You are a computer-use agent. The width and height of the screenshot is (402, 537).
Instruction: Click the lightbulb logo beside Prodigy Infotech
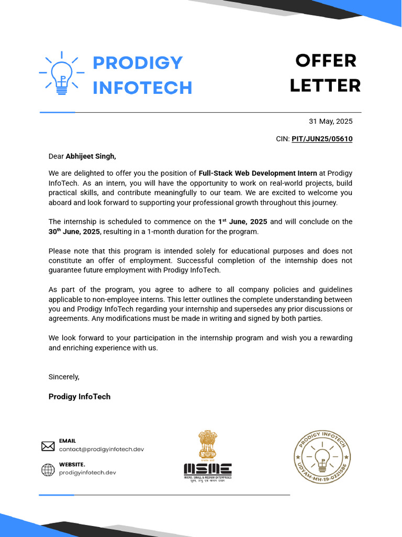(x=62, y=73)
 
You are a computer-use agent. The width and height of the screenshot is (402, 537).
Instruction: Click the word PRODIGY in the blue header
(x=138, y=62)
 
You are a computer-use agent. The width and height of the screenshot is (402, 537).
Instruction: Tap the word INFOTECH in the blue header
(x=142, y=88)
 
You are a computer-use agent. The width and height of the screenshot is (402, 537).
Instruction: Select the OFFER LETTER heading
(x=325, y=73)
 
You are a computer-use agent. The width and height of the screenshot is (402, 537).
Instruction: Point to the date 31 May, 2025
(x=330, y=121)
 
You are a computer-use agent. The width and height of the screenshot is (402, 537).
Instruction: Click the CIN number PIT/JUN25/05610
(x=322, y=139)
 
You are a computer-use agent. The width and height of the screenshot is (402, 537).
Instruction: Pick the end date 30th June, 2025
(x=74, y=231)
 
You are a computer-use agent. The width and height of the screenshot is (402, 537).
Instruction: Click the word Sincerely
(x=64, y=377)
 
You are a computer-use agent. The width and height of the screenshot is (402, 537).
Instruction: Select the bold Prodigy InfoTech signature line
(x=80, y=396)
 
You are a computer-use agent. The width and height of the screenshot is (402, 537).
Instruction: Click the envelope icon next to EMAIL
(x=48, y=446)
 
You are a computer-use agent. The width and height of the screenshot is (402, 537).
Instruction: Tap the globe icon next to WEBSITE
(x=48, y=470)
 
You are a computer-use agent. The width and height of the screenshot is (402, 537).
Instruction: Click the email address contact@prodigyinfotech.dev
(x=101, y=449)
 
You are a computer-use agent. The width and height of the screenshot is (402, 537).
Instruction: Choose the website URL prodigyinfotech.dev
(x=87, y=472)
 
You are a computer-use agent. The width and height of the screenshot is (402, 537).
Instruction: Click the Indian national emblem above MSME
(x=207, y=445)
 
